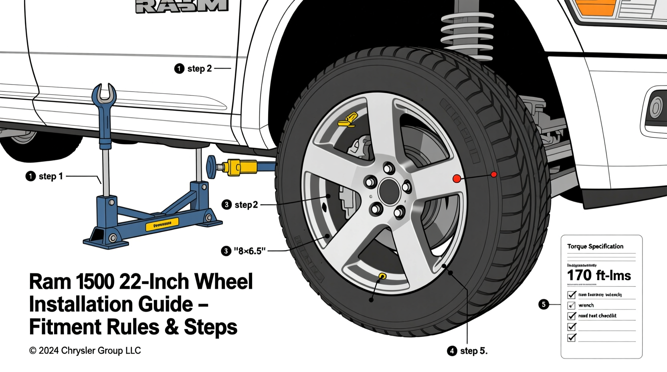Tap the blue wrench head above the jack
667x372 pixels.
click(104, 94)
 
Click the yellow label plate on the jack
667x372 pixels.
click(162, 224)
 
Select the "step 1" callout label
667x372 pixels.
click(51, 176)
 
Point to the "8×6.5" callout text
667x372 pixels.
click(249, 251)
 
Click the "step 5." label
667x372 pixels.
click(473, 351)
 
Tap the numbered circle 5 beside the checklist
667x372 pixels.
click(544, 304)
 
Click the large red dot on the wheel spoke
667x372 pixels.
click(457, 179)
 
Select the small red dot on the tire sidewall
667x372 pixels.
click(494, 174)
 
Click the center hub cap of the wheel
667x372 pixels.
click(388, 192)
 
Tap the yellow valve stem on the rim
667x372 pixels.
click(382, 276)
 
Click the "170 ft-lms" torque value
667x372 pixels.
click(599, 276)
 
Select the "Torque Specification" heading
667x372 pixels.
click(595, 247)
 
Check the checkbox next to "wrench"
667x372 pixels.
click(572, 305)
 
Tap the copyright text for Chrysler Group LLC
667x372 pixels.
click(85, 351)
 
